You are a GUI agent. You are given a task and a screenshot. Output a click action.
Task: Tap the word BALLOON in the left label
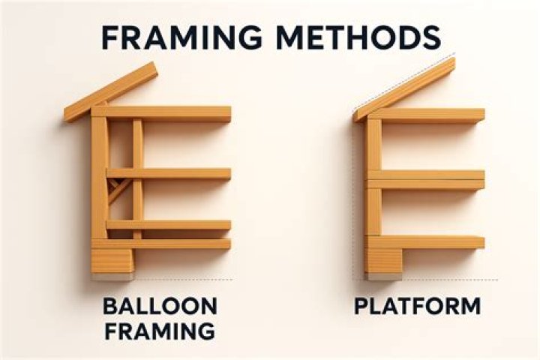pyautogui.click(x=160, y=306)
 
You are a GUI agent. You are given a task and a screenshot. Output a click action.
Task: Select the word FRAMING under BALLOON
pyautogui.click(x=160, y=331)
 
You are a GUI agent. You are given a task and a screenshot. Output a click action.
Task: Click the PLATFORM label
pyautogui.click(x=418, y=306)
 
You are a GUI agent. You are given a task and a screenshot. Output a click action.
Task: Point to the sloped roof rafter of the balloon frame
pyautogui.click(x=111, y=92)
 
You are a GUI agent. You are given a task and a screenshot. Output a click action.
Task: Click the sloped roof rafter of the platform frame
pyautogui.click(x=405, y=89)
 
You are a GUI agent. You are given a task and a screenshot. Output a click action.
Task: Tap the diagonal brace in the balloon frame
pyautogui.click(x=118, y=191)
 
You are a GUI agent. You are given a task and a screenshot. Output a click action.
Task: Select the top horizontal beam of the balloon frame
pyautogui.click(x=161, y=114)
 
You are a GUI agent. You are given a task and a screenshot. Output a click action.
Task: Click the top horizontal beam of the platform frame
pyautogui.click(x=426, y=115)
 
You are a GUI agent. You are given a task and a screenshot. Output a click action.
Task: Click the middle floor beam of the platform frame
pyautogui.click(x=426, y=180)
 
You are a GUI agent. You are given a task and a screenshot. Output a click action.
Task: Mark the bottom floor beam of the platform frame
pyautogui.click(x=426, y=242)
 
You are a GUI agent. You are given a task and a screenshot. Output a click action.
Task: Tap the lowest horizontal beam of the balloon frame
pyautogui.click(x=161, y=244)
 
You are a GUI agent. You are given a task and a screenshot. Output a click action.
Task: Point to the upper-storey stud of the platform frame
pyautogui.click(x=373, y=145)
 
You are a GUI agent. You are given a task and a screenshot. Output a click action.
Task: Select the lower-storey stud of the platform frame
pyautogui.click(x=373, y=212)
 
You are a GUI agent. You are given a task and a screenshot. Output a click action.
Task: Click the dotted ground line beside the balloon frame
pyautogui.click(x=183, y=280)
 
